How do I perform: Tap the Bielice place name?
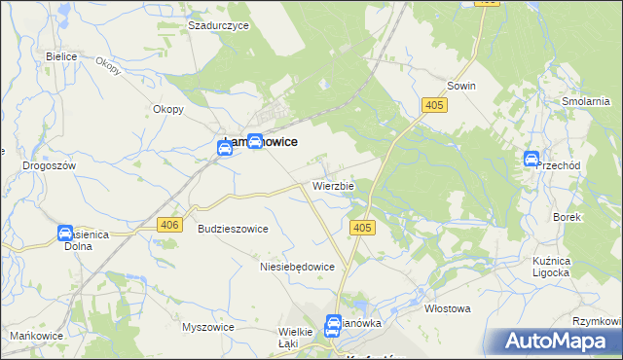coord(61,56)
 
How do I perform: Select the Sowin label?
coord(461,86)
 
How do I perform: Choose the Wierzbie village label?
coord(334,185)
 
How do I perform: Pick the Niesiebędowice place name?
coord(298,266)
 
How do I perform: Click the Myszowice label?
coord(208,327)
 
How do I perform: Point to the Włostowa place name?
coord(448,308)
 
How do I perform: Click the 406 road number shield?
coord(169,225)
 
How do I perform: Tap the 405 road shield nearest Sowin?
coord(434,104)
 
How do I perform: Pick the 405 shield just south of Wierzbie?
coord(361,228)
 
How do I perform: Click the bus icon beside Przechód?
coord(531,160)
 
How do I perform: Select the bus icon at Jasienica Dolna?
coord(65,234)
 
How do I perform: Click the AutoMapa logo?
coord(556,341)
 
